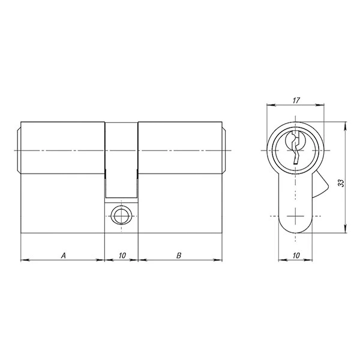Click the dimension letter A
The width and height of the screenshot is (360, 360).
coord(64,256)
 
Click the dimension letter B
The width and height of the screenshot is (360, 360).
coord(179,256)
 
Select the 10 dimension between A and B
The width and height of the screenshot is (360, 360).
coord(122,256)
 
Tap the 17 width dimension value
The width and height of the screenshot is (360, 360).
coord(296,100)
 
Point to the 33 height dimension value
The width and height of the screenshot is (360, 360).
coord(341,183)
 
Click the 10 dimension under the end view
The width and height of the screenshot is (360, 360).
coord(296,256)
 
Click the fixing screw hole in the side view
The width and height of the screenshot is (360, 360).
coord(121,216)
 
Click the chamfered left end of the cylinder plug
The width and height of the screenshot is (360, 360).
coord(19,151)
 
